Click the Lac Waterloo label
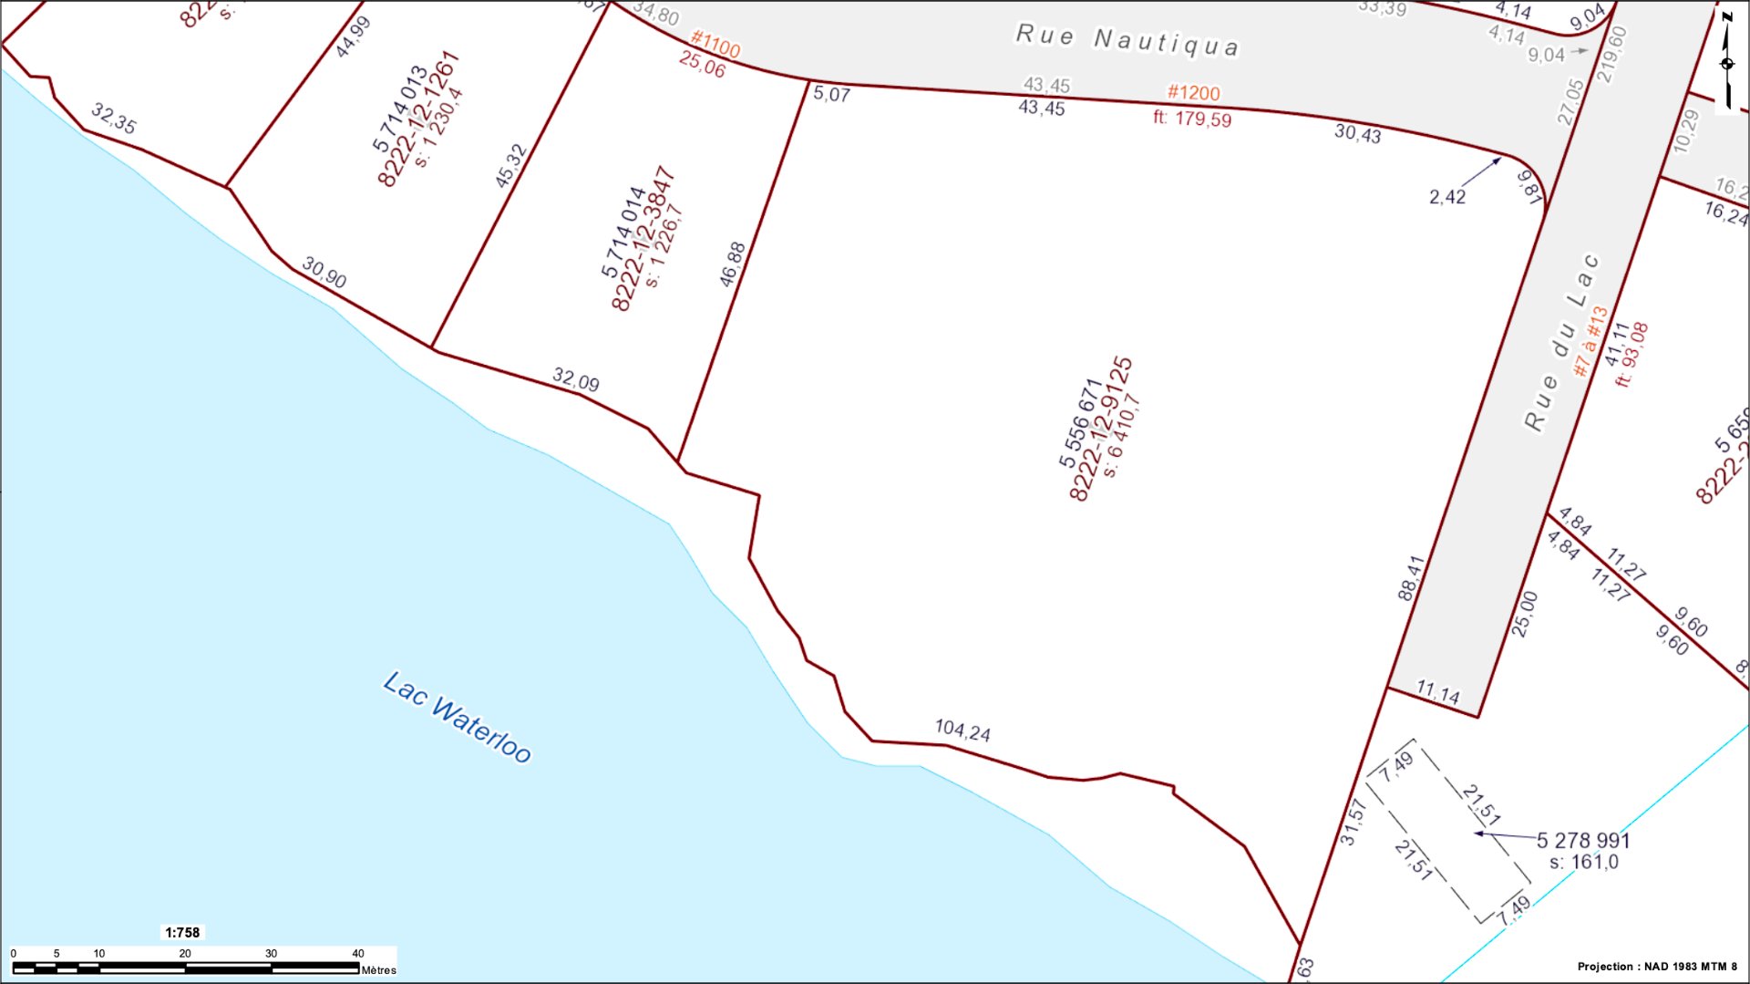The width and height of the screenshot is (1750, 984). click(x=457, y=718)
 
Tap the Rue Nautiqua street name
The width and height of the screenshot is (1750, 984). click(x=1127, y=41)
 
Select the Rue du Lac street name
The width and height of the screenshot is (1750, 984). click(x=1561, y=342)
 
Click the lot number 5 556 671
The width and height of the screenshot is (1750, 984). click(x=1081, y=424)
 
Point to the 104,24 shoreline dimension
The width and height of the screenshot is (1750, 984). click(x=962, y=730)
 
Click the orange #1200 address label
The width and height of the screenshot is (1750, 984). click(x=1193, y=93)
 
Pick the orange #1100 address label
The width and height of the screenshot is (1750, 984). click(x=715, y=43)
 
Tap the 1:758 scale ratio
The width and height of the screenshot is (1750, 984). click(x=182, y=932)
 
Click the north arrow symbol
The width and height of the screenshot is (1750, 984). click(x=1726, y=60)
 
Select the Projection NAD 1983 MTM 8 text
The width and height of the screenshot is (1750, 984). click(x=1657, y=967)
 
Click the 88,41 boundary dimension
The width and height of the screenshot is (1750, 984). click(x=1410, y=578)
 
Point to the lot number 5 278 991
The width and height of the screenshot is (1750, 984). click(x=1583, y=840)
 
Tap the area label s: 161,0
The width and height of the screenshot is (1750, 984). click(x=1583, y=862)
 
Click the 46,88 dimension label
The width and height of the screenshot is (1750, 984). click(x=732, y=264)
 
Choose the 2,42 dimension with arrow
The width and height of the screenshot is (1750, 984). click(x=1447, y=197)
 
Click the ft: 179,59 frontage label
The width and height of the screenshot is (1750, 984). click(x=1192, y=119)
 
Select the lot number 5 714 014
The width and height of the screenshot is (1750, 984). click(x=623, y=232)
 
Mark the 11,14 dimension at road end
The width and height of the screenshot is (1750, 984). click(x=1437, y=693)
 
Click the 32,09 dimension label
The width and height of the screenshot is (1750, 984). click(x=576, y=379)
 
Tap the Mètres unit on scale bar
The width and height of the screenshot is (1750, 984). click(x=378, y=969)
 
